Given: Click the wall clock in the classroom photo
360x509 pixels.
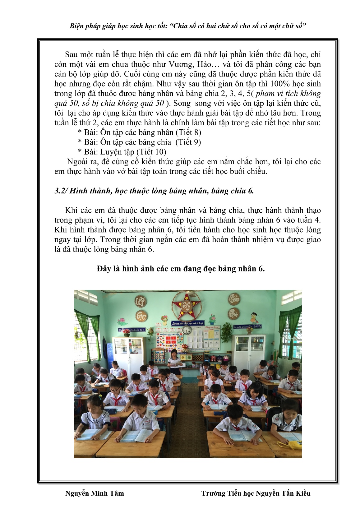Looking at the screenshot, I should tap(186, 330).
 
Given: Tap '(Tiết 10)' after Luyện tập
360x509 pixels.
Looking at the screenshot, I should tap(151, 152).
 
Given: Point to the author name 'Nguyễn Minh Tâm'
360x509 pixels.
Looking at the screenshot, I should tap(94, 493).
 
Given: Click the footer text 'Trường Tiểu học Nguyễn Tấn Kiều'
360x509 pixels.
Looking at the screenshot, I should tap(256, 493).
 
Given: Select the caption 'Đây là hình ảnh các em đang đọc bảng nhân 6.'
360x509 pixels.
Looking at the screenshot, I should tap(181, 268).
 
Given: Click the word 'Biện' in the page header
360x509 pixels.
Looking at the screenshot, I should tap(76, 26).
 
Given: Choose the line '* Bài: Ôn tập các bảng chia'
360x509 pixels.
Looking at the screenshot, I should tap(124, 142).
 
